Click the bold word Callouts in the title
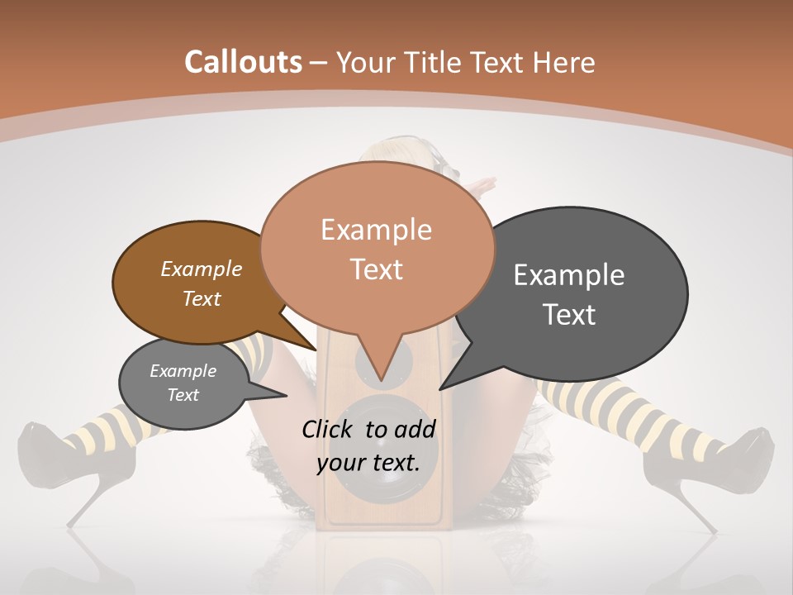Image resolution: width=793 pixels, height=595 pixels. [x=243, y=62]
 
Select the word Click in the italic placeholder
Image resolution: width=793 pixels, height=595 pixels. [x=328, y=429]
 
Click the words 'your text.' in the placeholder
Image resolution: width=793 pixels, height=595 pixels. [x=368, y=462]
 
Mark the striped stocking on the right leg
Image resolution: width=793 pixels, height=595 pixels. [x=628, y=413]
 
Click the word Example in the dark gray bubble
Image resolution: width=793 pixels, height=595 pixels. [x=569, y=274]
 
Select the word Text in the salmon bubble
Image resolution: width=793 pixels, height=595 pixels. [x=377, y=269]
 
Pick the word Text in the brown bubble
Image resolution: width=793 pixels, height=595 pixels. [x=202, y=298]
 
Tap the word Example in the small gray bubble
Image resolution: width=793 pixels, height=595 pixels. [x=183, y=371]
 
